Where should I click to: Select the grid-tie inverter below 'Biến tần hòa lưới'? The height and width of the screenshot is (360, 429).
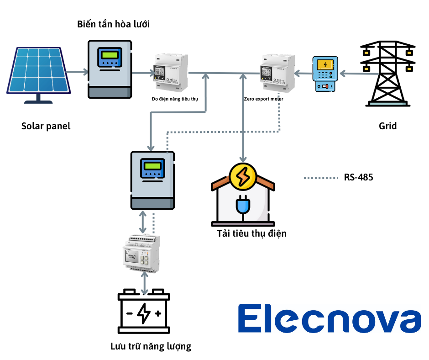tap(110, 69)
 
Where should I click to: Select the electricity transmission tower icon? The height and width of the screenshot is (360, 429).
tap(388, 73)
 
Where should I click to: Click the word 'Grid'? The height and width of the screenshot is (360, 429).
tap(387, 126)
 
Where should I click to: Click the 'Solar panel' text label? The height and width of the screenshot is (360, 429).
tap(46, 126)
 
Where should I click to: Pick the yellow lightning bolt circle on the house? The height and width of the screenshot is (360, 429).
tap(242, 176)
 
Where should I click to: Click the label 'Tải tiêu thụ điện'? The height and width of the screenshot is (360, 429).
tap(252, 233)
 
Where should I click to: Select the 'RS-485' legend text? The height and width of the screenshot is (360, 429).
tap(358, 177)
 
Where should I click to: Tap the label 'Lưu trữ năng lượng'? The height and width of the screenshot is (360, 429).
tap(151, 346)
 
